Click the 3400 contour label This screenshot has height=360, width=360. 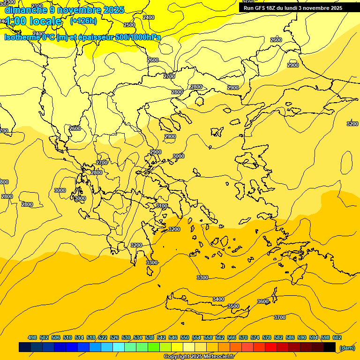[218, 299]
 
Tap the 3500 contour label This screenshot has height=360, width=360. [233, 306]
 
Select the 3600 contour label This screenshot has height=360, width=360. [263, 301]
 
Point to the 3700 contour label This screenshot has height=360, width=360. [279, 317]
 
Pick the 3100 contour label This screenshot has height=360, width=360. [162, 206]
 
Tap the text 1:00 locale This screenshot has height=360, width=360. [33, 21]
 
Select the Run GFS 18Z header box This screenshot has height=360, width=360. [292, 8]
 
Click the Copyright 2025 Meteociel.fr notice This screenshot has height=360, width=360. [199, 356]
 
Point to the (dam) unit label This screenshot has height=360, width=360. [347, 347]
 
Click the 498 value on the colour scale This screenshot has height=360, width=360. [32, 337]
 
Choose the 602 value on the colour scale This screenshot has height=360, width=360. [337, 337]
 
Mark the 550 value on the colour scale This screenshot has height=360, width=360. [185, 337]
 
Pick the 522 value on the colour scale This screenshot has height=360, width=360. [103, 337]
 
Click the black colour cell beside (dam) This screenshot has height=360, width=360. [330, 347]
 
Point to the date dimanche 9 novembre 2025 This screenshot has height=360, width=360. [64, 10]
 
